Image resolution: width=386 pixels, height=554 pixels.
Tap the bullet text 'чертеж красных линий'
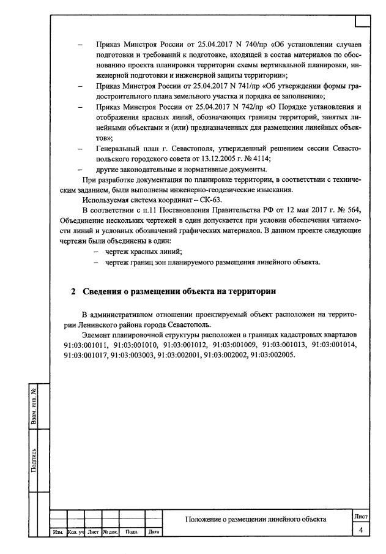pyautogui.click(x=143, y=251)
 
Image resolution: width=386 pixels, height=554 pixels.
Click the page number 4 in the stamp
pyautogui.click(x=361, y=530)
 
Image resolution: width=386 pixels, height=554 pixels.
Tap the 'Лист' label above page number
pyautogui.click(x=361, y=518)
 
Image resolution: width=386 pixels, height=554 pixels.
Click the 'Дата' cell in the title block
pyautogui.click(x=154, y=532)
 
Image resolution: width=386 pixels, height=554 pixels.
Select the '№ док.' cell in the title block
pyautogui.click(x=110, y=532)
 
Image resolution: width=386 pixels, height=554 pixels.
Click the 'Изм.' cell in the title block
pyautogui.click(x=58, y=532)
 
